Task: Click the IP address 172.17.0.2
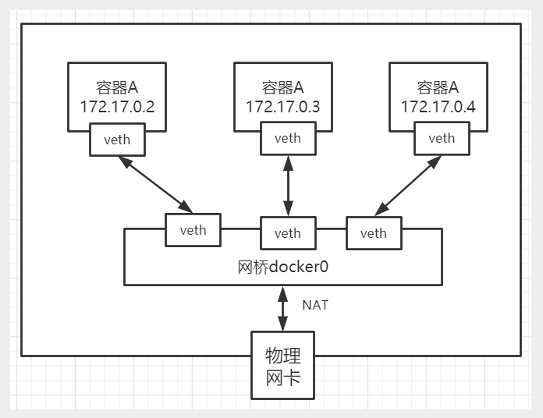point(117,106)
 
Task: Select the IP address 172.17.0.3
point(282,106)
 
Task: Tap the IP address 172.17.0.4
point(438,106)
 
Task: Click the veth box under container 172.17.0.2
point(117,140)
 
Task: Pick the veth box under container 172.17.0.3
point(287,138)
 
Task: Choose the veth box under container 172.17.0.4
point(442,138)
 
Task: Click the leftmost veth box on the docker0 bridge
point(193,230)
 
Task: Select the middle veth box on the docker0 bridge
point(287,233)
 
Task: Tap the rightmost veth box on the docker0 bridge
point(373,233)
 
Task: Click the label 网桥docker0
point(282,267)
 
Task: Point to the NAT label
point(315,305)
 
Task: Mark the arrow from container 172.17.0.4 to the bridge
point(408,185)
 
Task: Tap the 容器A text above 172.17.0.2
point(117,86)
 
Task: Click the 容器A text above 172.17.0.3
point(282,86)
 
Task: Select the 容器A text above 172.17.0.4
point(438,86)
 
